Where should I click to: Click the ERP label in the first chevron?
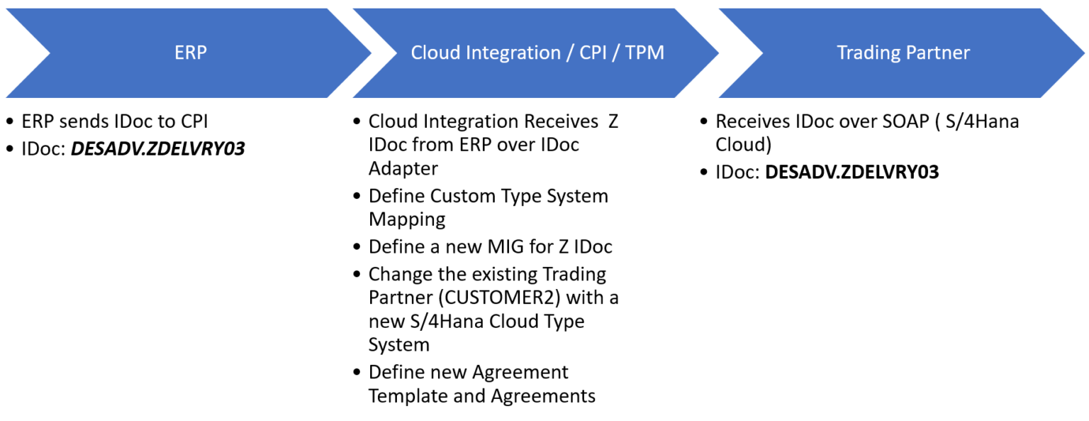pos(190,53)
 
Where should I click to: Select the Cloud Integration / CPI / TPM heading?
pos(537,53)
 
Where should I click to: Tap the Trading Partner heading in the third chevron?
pos(903,53)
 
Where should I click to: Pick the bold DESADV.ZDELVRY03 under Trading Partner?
pos(851,172)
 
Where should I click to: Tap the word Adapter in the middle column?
pos(403,168)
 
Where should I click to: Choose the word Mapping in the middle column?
pos(407,219)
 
